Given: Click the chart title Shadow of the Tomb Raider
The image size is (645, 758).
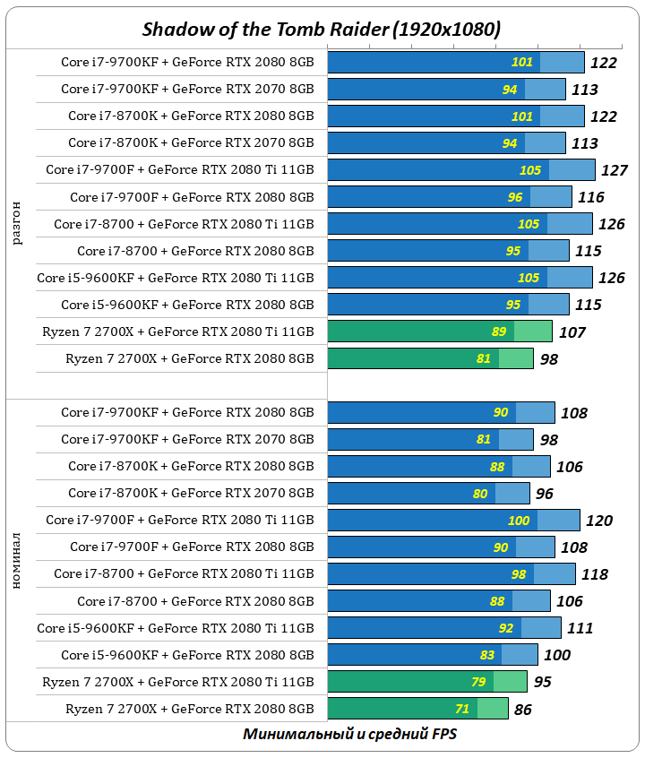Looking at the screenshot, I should coord(322,29).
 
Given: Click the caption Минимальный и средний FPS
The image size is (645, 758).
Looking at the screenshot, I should coord(349,734).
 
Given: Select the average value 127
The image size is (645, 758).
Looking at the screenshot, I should coord(614,170).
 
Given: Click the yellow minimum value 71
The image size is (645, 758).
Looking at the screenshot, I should coord(462,709).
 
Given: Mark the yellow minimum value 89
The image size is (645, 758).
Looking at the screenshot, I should coord(499,332).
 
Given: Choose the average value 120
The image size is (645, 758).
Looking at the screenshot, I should coord(598,521).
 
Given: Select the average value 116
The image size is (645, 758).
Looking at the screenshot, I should coord(590,197).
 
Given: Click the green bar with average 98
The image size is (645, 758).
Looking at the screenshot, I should coord(430,358).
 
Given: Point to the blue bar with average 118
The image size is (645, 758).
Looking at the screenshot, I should coord(451,574).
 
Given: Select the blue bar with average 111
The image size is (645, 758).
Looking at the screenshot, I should coord(444,628).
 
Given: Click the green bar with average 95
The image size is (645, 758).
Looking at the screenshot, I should coord(427,682).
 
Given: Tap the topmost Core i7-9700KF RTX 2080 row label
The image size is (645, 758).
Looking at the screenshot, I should coord(187,62).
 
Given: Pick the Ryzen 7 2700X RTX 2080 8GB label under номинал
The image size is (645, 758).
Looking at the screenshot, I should coord(189,709).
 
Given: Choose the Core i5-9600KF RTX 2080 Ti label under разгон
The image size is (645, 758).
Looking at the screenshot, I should coord(176,278).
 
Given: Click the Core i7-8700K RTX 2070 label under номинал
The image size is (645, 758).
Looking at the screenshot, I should coord(191,494).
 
